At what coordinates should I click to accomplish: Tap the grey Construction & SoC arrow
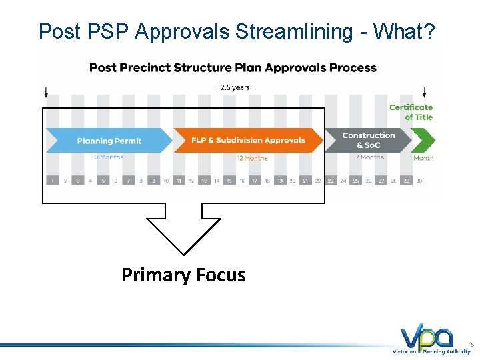[367, 140]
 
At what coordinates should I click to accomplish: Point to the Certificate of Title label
[411, 112]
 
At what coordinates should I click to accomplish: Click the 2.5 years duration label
[235, 87]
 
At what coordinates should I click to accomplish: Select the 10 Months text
[107, 157]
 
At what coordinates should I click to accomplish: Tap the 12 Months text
[252, 158]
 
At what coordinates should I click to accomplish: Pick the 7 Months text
[370, 157]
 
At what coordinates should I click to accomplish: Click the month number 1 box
[52, 181]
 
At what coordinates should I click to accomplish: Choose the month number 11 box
[179, 181]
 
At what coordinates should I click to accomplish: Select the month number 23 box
[331, 181]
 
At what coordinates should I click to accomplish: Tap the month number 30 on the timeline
[419, 181]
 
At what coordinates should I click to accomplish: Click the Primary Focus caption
[183, 275]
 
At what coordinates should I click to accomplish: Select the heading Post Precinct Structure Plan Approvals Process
[233, 67]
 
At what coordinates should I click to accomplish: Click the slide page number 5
[472, 345]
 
